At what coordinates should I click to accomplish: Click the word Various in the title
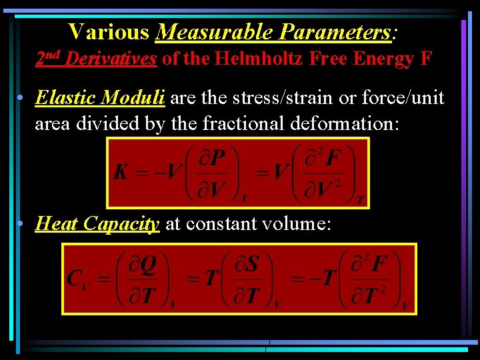(x=108, y=31)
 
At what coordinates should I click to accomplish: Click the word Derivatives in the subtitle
(x=111, y=59)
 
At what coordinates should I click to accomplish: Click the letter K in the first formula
(x=121, y=172)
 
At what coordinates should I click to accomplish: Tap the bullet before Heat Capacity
(x=23, y=225)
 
